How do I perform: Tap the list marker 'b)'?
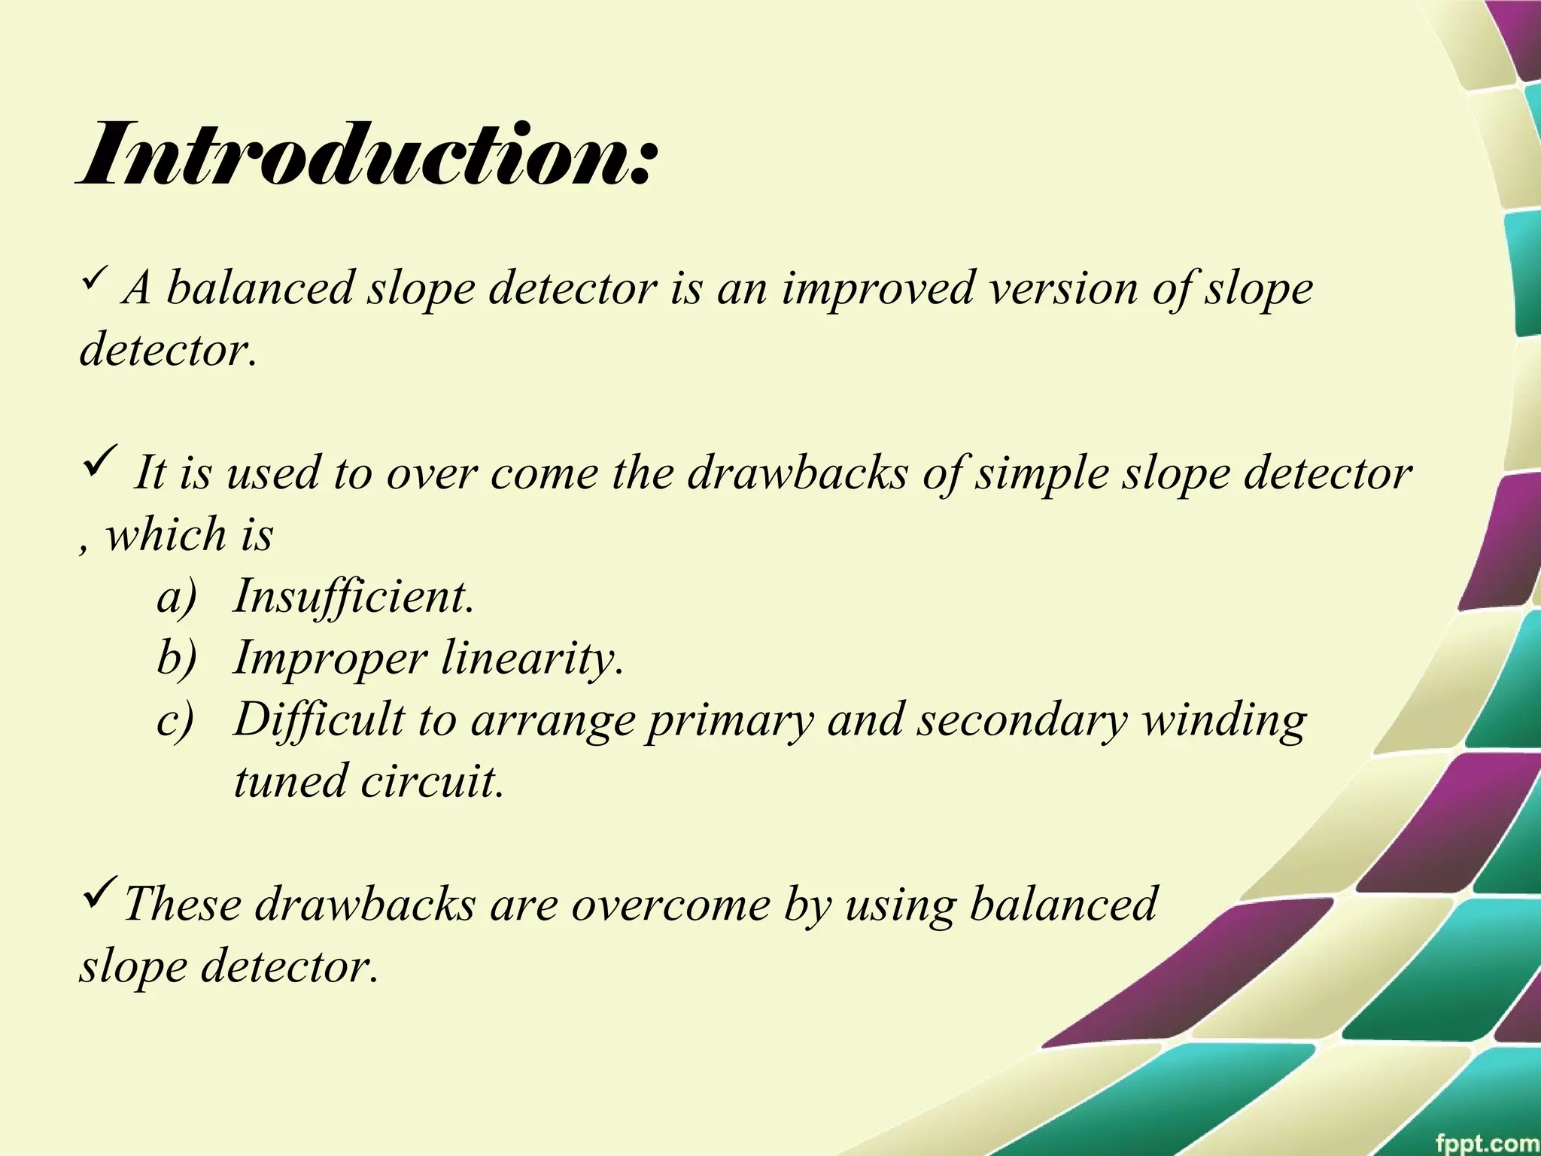tap(176, 659)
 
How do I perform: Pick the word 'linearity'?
tap(532, 659)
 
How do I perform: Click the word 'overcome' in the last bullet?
tap(670, 905)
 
